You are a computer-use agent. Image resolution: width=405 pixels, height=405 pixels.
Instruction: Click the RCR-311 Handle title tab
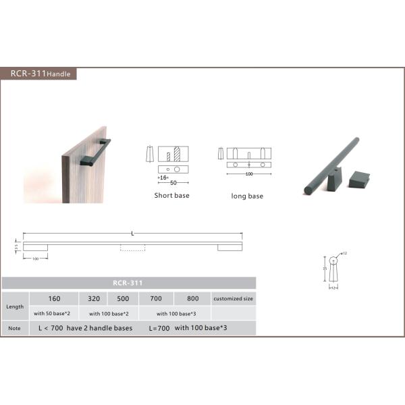(x=39, y=74)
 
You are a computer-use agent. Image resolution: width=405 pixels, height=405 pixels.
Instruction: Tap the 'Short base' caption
(x=171, y=196)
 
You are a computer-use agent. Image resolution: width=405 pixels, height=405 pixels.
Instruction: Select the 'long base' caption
(x=247, y=196)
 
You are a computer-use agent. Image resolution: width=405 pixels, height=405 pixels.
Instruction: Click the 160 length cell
(x=54, y=298)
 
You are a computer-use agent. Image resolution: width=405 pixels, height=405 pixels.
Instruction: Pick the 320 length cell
(x=94, y=298)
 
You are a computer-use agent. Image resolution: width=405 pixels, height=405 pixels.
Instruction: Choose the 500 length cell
(x=124, y=298)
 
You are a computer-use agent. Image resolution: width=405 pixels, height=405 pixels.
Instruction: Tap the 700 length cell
(x=156, y=298)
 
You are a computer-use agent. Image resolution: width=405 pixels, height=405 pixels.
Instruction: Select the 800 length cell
(x=192, y=298)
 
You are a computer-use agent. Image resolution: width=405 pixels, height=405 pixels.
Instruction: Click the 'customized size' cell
(x=234, y=298)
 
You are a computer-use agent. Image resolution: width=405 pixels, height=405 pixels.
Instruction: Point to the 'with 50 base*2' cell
(x=54, y=313)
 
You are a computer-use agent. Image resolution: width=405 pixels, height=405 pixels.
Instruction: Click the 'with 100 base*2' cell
(x=109, y=313)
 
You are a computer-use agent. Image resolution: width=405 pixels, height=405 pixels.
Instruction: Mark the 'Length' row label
(x=15, y=305)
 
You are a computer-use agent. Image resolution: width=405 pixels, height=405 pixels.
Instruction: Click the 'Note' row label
(x=15, y=328)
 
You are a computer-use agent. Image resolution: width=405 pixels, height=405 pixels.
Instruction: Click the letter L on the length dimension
(x=132, y=233)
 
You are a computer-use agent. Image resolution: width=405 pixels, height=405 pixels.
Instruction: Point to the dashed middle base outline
(x=132, y=248)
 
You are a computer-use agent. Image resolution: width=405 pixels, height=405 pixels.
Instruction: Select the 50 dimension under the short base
(x=173, y=183)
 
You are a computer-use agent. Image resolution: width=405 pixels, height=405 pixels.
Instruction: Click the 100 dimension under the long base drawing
(x=248, y=175)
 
